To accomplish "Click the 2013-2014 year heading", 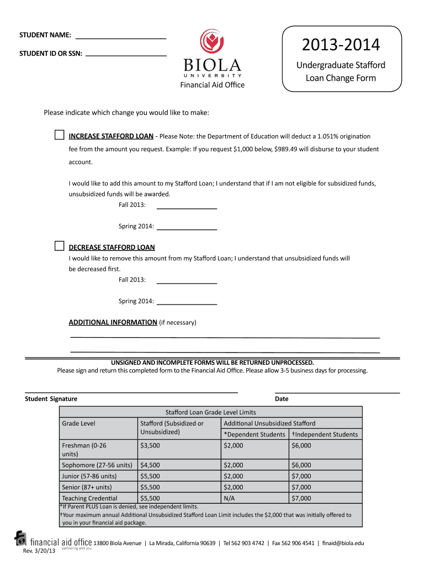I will click(x=341, y=45).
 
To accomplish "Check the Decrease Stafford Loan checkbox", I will click(x=59, y=246).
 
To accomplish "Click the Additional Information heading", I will click(x=113, y=322).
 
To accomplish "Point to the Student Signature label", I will click(x=51, y=399).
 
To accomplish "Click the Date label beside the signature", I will click(x=281, y=399).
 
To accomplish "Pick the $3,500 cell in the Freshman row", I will click(x=150, y=445).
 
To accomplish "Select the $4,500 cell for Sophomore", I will click(x=150, y=465).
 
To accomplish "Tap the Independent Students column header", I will click(x=325, y=434).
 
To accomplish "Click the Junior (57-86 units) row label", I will click(x=89, y=476).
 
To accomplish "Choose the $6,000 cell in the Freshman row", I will click(x=301, y=445).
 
